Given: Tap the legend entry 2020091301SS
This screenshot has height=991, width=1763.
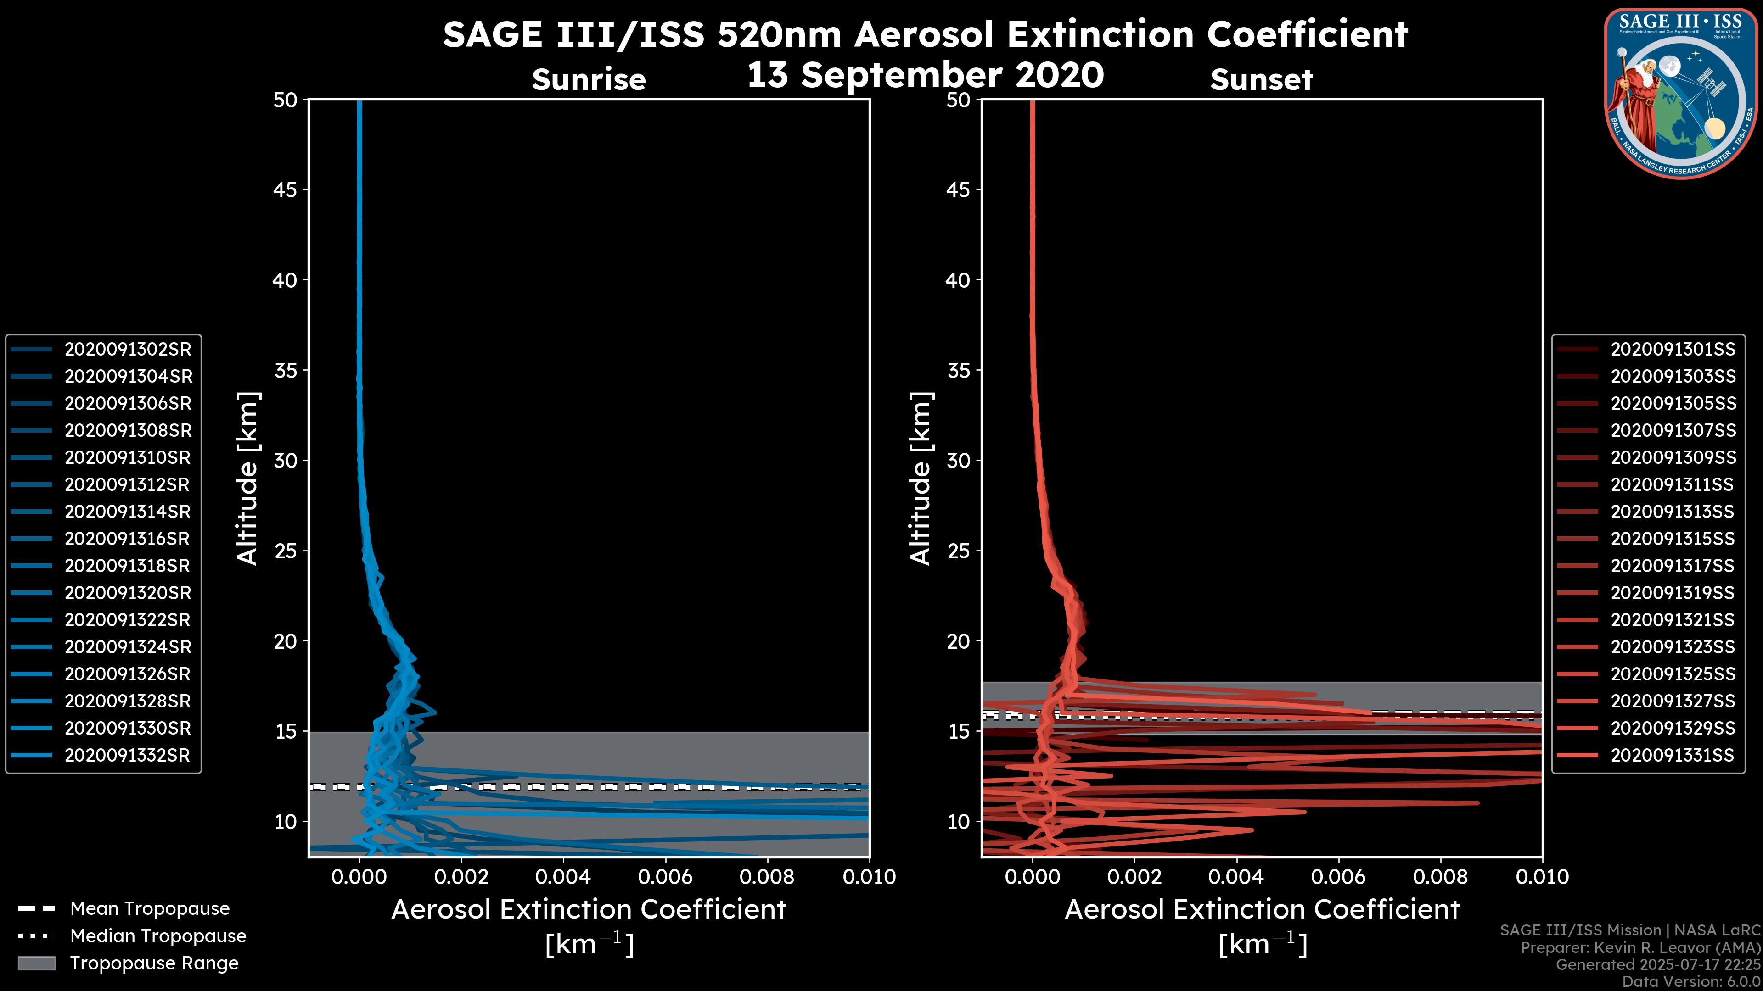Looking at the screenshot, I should click(x=1673, y=350).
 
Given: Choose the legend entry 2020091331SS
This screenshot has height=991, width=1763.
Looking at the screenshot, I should click(x=1673, y=756).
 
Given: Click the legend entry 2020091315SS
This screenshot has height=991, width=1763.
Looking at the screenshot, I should click(x=1673, y=539).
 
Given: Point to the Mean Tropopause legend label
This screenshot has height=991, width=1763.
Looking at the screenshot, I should click(x=150, y=909).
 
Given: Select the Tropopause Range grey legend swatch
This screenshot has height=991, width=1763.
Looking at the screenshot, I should click(x=37, y=963).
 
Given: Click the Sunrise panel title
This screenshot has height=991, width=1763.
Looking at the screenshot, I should click(x=589, y=80).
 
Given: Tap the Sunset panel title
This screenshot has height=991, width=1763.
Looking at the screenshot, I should click(x=1261, y=80).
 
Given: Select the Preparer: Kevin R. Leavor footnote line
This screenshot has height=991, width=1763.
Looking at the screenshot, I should click(x=1640, y=948).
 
